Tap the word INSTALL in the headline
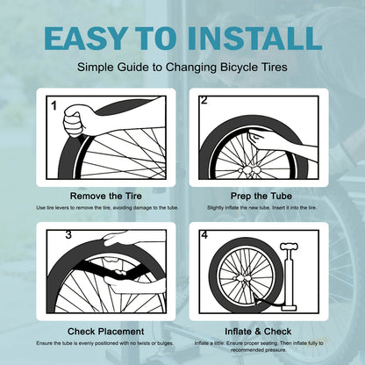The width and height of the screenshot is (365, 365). [254, 38]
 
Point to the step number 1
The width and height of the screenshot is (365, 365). [54, 105]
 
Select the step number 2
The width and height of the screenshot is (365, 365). [204, 100]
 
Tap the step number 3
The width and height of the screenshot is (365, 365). [68, 234]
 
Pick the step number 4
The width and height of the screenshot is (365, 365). [204, 234]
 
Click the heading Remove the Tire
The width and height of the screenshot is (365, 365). [106, 196]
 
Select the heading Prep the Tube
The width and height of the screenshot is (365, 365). [261, 196]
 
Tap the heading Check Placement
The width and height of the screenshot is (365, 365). [105, 332]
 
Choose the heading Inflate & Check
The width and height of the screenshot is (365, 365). [258, 332]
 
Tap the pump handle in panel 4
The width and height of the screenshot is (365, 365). [289, 247]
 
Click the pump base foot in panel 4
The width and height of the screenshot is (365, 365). [289, 308]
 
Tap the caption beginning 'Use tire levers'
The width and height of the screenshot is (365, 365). [107, 208]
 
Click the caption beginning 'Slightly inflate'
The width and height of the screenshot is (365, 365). [262, 208]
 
